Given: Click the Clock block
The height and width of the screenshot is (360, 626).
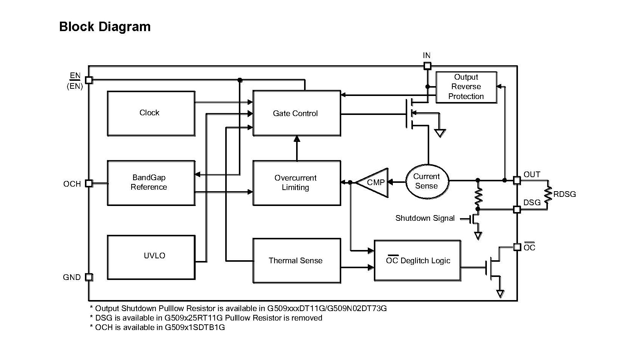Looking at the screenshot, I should click(x=151, y=113).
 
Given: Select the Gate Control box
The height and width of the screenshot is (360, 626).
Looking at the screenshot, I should click(x=297, y=113).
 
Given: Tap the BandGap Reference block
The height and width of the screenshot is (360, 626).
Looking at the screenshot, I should click(x=151, y=183).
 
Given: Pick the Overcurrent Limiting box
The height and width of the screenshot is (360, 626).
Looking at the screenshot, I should click(x=297, y=183).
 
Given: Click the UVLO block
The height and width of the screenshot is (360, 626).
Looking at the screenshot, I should click(x=151, y=257).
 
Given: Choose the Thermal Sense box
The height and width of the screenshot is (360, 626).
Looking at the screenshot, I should click(x=297, y=261).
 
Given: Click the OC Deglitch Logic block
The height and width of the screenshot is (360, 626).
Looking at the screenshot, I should click(x=417, y=261).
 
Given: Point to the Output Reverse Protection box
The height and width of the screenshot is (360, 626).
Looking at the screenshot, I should click(x=466, y=87).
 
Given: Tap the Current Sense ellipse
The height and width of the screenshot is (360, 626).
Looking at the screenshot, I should click(x=427, y=181).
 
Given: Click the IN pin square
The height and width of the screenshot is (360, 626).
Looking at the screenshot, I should click(x=427, y=66).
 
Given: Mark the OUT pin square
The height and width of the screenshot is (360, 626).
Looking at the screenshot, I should click(x=517, y=180).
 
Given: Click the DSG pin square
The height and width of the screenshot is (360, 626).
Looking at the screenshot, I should click(x=517, y=209).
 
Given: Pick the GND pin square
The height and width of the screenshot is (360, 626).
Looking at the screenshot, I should click(x=89, y=277).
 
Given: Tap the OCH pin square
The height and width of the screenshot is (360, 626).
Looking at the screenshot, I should click(x=89, y=183).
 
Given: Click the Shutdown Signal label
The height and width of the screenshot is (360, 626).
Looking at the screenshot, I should click(x=425, y=218).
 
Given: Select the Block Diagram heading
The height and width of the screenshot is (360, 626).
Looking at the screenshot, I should click(x=105, y=27).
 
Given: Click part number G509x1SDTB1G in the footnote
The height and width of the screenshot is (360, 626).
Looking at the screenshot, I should click(x=195, y=327).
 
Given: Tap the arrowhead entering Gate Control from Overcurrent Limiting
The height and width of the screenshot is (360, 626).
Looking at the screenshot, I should click(x=297, y=139).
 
